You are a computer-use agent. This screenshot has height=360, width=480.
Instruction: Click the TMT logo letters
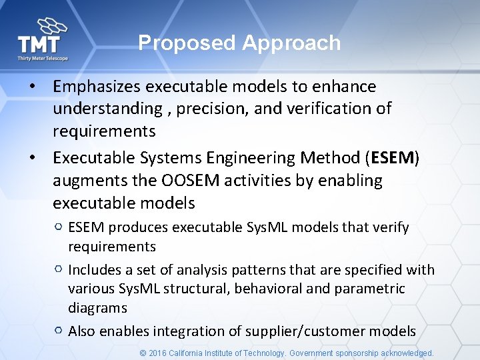(x=39, y=45)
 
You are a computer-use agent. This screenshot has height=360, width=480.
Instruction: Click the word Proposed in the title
(x=187, y=43)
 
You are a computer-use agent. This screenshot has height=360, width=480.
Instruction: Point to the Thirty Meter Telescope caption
(x=42, y=59)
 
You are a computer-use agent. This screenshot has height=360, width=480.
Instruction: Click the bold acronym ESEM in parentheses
(x=393, y=158)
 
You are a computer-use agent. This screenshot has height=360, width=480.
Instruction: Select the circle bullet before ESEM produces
(x=59, y=228)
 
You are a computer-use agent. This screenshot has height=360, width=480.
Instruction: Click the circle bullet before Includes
(x=59, y=270)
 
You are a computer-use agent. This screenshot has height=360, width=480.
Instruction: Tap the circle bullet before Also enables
(x=59, y=331)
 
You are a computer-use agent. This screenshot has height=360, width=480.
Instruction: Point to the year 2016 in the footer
(x=158, y=353)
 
